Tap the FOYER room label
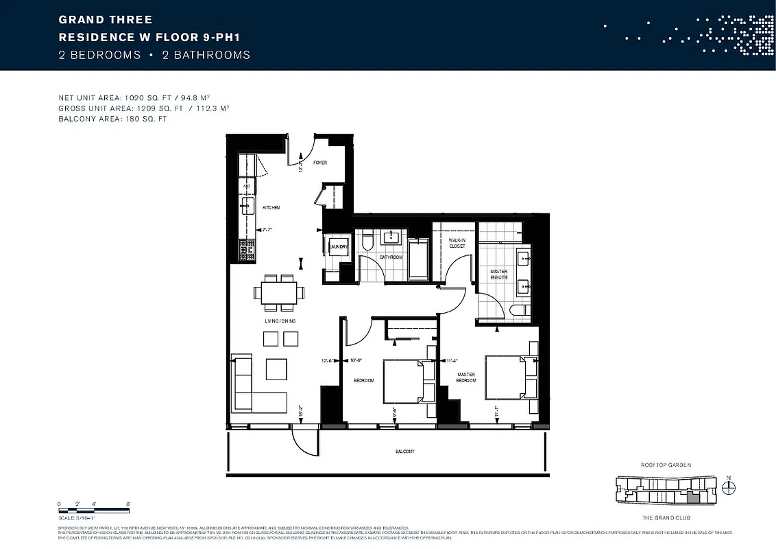(x=320, y=163)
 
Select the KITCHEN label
(x=271, y=207)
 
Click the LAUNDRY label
(x=339, y=246)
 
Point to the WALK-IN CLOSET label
(x=457, y=243)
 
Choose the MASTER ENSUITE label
(x=498, y=274)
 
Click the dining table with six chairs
(x=280, y=292)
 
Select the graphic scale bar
(x=94, y=509)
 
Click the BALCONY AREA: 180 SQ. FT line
(x=112, y=119)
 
